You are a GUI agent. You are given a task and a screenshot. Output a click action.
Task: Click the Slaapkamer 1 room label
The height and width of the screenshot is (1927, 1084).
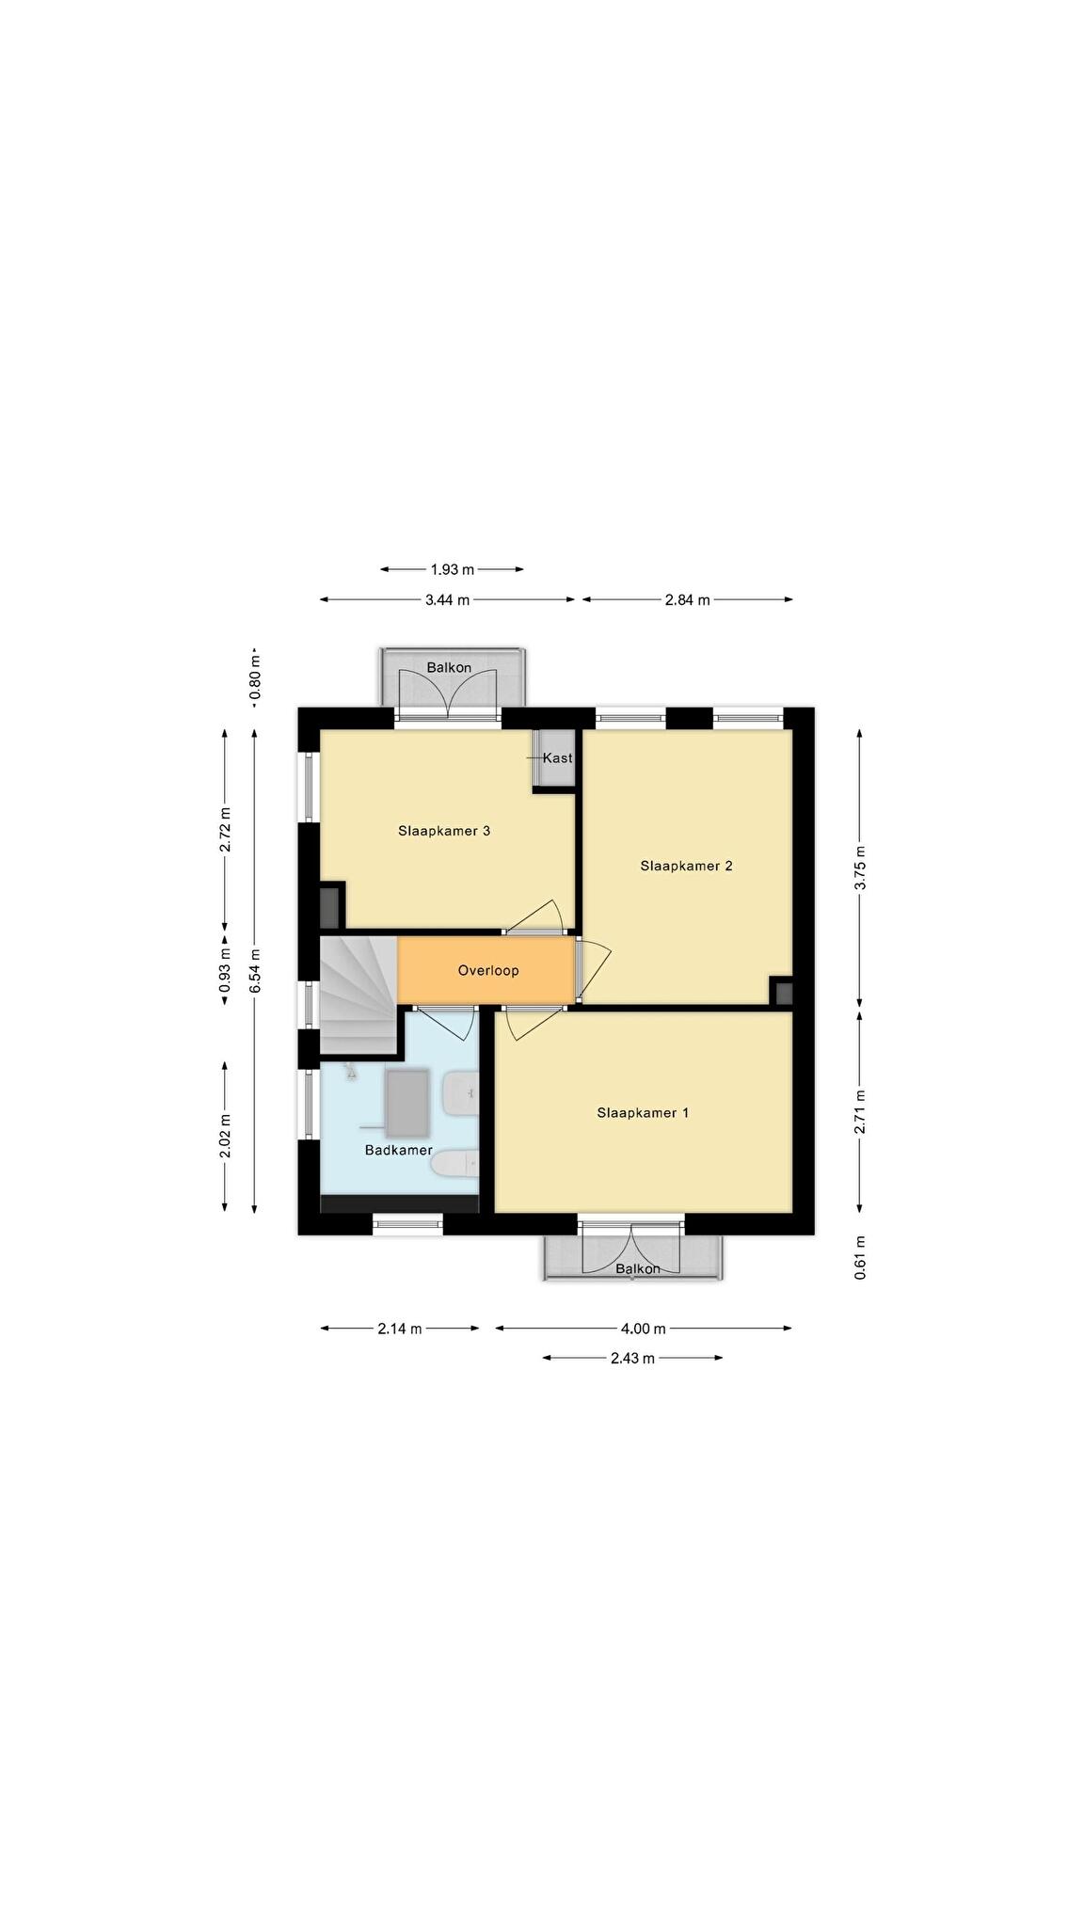tap(643, 1112)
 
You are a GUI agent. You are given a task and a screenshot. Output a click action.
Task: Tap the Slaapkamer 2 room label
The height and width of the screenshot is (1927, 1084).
tap(686, 866)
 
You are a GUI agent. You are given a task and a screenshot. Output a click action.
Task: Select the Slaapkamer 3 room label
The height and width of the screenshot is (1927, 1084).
tap(444, 831)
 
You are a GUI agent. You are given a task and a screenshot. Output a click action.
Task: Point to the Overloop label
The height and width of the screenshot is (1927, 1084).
tap(488, 970)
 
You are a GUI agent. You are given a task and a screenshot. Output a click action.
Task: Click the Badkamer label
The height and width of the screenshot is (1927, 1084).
tap(399, 1150)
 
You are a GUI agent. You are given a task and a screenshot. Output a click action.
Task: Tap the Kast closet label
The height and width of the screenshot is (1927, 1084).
tap(558, 757)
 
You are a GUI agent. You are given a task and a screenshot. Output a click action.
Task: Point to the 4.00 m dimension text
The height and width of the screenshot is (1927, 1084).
tap(643, 1329)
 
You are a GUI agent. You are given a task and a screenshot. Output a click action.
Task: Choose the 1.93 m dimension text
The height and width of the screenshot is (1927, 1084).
tap(453, 569)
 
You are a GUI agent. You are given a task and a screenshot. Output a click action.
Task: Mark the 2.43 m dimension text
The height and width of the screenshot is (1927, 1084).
tap(632, 1358)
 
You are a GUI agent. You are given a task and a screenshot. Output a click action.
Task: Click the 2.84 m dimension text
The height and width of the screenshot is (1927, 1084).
tap(687, 599)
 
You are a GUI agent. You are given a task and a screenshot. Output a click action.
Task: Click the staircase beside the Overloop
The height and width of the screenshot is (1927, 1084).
tap(358, 995)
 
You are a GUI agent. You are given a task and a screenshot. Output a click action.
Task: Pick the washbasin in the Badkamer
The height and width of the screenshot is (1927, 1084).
tap(461, 1094)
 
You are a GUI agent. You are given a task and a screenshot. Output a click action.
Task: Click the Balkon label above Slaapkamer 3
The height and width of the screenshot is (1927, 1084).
tap(449, 668)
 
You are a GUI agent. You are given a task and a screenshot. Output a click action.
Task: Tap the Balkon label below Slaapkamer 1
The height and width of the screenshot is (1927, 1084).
tap(638, 1268)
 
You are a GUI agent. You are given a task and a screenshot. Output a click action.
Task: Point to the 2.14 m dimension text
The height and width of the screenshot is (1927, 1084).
tap(400, 1329)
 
